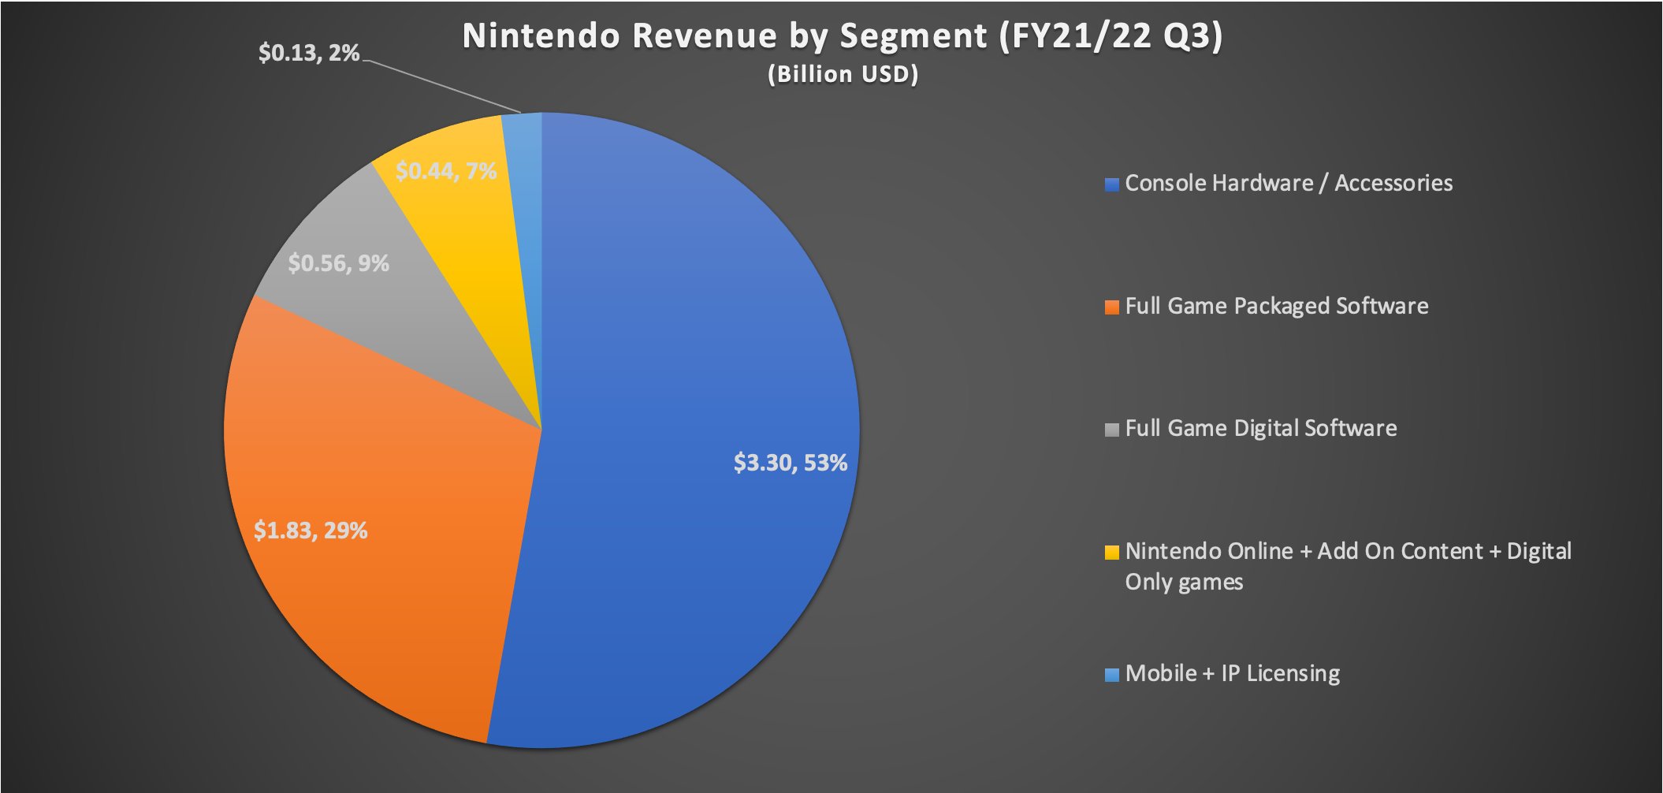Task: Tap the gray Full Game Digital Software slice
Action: (x=410, y=315)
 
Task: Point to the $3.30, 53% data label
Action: (x=790, y=463)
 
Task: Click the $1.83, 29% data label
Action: (x=311, y=531)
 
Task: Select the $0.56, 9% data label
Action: (x=338, y=263)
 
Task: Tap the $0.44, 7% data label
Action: (x=446, y=171)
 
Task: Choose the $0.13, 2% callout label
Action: (x=309, y=54)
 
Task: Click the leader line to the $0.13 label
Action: (x=441, y=86)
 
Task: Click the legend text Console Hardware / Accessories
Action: (x=1288, y=183)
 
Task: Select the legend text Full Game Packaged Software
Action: (x=1276, y=306)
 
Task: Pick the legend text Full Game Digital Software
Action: (x=1260, y=428)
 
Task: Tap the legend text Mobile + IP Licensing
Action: (x=1232, y=674)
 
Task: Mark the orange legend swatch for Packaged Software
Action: (x=1112, y=307)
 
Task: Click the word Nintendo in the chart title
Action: (x=541, y=36)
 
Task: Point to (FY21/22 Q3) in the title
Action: (x=1111, y=36)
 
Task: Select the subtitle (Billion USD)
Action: (x=843, y=74)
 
